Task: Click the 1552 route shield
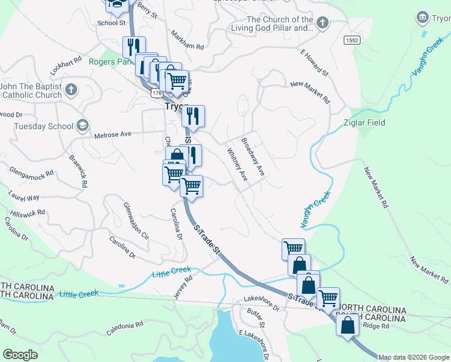pos(352,40)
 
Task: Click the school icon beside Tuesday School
pos(83,125)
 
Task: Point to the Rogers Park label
pos(110,62)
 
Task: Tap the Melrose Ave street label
pos(113,135)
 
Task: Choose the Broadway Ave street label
pos(253,157)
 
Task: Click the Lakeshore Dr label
pos(262,302)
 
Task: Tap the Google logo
pos(20,355)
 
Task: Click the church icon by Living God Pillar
pos(323,24)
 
